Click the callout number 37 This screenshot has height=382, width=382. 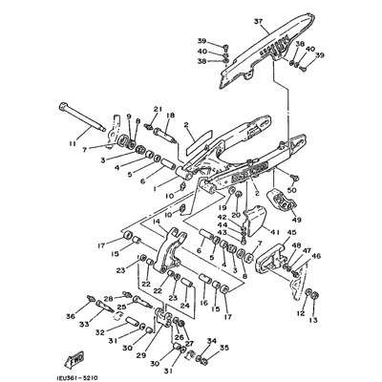(232, 21)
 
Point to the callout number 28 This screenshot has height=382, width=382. (108, 298)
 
